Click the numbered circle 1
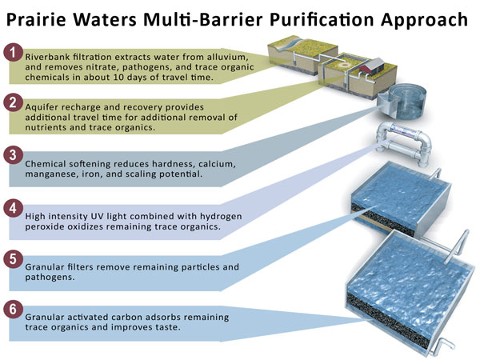pyautogui.click(x=13, y=53)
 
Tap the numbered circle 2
pyautogui.click(x=13, y=102)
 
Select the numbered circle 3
pyautogui.click(x=13, y=155)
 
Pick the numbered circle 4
pyautogui.click(x=13, y=208)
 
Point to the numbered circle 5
pyautogui.click(x=13, y=259)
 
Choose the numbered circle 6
pyautogui.click(x=13, y=309)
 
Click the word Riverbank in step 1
pyautogui.click(x=47, y=57)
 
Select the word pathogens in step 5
pyautogui.click(x=49, y=278)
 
